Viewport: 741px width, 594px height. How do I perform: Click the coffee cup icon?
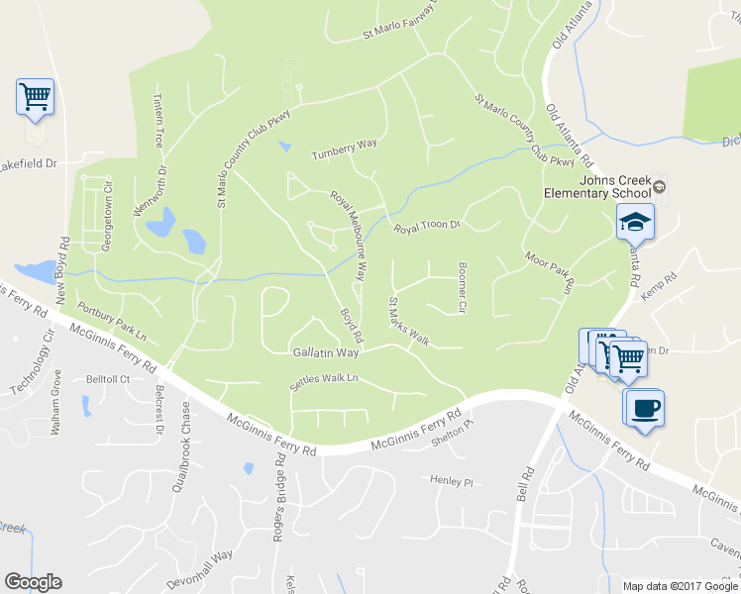click(644, 407)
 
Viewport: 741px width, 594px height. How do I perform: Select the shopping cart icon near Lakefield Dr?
click(35, 97)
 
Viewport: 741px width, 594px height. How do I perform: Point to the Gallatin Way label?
click(325, 352)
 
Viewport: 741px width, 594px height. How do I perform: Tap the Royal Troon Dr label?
click(428, 227)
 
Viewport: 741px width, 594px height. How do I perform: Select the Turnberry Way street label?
click(345, 149)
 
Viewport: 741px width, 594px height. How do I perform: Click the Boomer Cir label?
click(462, 287)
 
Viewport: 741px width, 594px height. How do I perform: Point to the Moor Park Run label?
click(550, 271)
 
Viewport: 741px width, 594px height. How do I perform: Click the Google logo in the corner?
click(33, 582)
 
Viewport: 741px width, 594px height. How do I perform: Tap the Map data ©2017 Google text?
click(680, 586)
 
